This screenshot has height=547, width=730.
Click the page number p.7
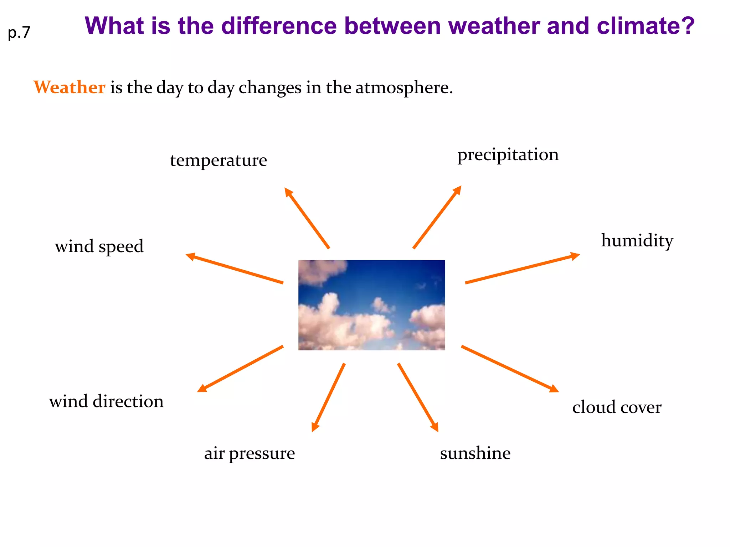click(19, 33)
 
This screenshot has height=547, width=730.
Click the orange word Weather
click(69, 87)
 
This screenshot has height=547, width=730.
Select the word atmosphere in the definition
click(403, 87)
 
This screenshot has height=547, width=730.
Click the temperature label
click(218, 160)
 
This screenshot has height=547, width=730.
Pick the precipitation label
click(508, 155)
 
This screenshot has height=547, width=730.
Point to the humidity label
click(637, 240)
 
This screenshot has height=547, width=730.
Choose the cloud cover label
click(617, 407)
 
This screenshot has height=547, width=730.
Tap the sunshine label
click(475, 453)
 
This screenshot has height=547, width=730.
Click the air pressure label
click(250, 453)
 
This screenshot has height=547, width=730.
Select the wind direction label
click(106, 401)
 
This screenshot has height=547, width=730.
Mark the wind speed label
click(99, 246)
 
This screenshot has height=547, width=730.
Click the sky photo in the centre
click(371, 305)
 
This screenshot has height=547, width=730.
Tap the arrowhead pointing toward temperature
click(288, 192)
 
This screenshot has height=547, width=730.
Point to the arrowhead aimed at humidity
click(574, 256)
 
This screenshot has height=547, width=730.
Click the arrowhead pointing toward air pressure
click(314, 427)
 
